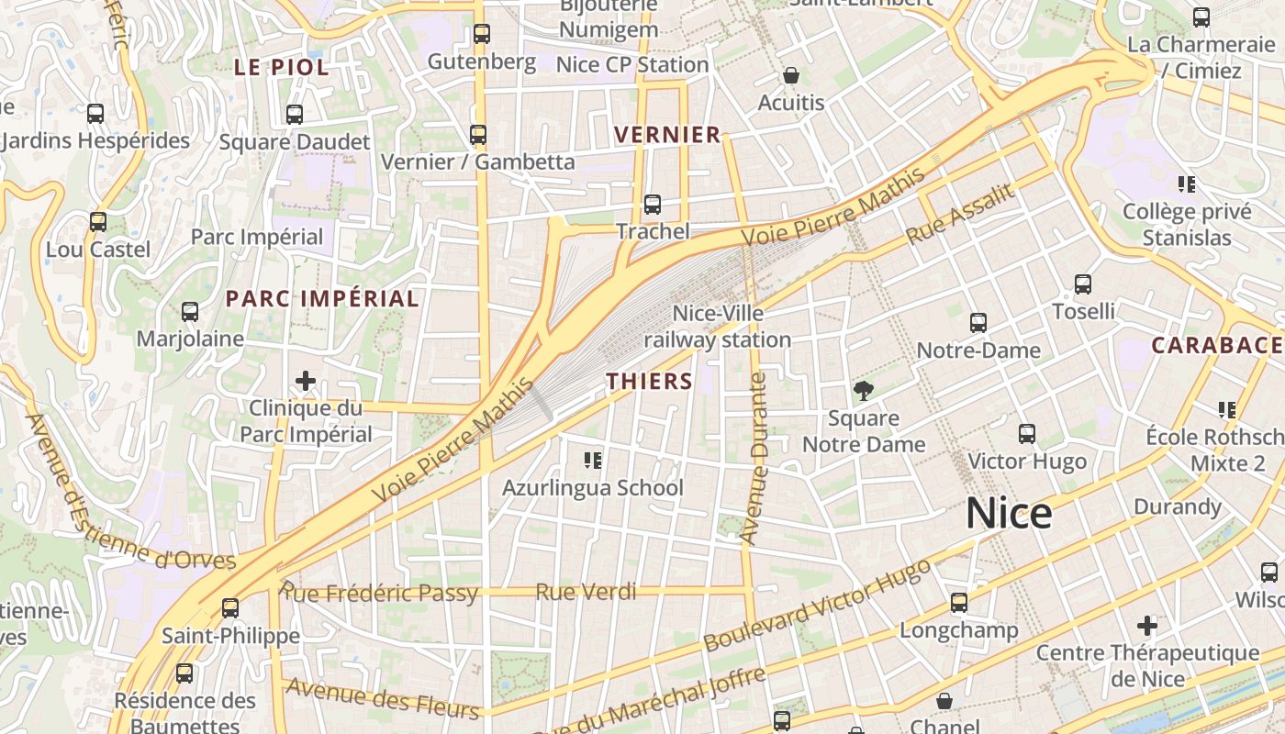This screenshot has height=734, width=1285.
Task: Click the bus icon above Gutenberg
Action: click(481, 34)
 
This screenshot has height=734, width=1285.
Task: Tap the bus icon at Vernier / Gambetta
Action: click(477, 135)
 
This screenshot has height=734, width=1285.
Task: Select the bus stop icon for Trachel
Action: click(652, 204)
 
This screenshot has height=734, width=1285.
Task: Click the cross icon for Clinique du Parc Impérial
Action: click(306, 381)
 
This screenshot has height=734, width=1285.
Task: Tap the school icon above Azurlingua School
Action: click(592, 460)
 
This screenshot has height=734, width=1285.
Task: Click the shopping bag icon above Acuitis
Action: click(790, 75)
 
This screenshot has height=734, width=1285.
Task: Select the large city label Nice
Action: click(1008, 514)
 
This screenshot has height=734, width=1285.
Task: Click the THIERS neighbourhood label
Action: click(649, 382)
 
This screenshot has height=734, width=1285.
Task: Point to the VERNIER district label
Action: click(667, 135)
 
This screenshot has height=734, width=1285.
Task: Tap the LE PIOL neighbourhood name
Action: click(281, 67)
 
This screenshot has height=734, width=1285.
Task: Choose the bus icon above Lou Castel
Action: click(97, 222)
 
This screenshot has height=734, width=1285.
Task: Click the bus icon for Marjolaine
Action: click(189, 312)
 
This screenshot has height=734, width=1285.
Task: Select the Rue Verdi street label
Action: click(585, 593)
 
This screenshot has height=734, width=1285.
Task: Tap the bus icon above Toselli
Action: click(1083, 284)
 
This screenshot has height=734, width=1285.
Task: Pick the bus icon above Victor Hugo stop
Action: click(1026, 434)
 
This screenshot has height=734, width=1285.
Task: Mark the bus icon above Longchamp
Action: click(958, 603)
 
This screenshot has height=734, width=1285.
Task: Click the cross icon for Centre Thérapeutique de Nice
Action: click(1146, 627)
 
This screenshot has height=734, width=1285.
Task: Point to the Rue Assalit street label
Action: click(960, 214)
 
